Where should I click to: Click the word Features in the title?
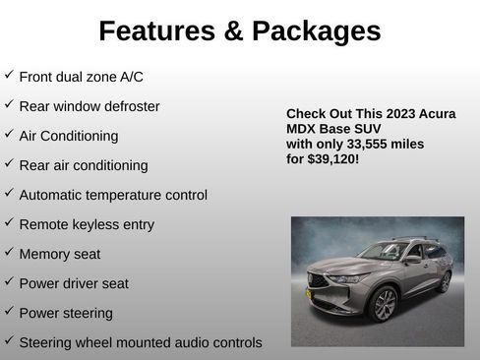pos(156,31)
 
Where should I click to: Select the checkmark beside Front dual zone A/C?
pos(9,75)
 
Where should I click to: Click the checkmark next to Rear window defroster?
pos(9,104)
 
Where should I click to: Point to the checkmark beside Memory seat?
pos(9,253)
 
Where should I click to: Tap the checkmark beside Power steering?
pos(9,312)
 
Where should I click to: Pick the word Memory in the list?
pos(44,254)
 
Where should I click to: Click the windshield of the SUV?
pos(386,253)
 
